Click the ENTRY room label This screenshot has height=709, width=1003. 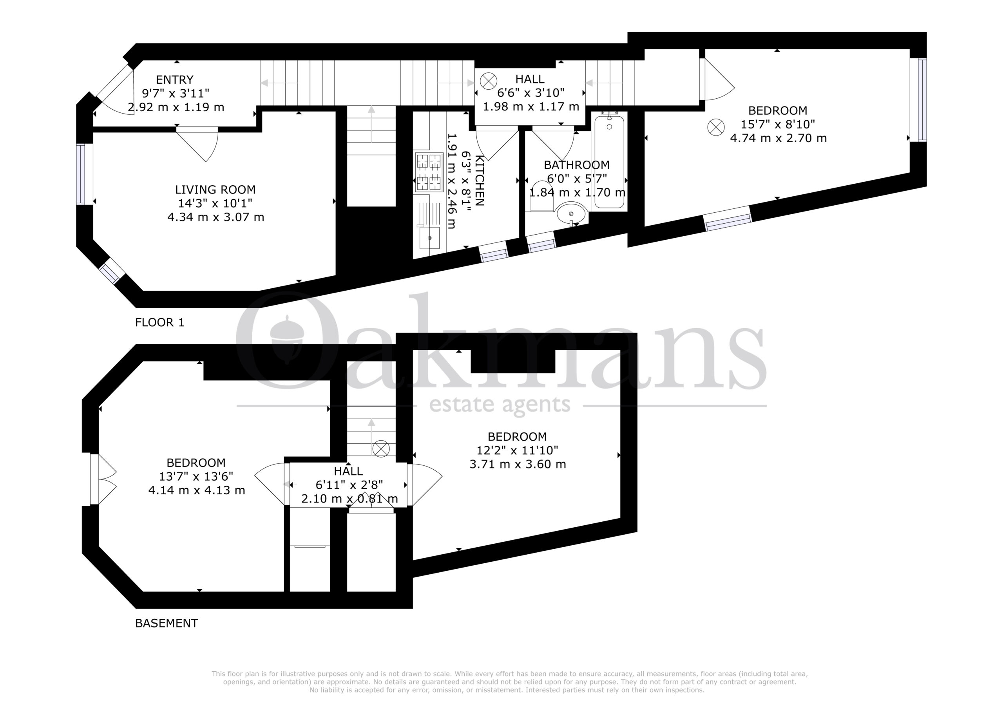(x=174, y=80)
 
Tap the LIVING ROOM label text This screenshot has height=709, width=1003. (x=215, y=190)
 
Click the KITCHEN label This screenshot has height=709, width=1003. (x=479, y=180)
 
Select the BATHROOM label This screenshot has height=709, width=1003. (x=576, y=165)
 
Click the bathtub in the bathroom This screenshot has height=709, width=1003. (x=609, y=161)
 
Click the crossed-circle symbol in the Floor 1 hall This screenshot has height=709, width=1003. (x=489, y=81)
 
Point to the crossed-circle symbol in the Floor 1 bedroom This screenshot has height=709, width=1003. (x=716, y=127)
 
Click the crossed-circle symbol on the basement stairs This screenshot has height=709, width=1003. (x=381, y=449)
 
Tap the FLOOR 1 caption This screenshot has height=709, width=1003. (x=159, y=322)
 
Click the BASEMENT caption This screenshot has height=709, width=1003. (x=167, y=623)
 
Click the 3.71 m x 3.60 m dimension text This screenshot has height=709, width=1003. (x=518, y=464)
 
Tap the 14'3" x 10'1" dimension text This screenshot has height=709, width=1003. (x=215, y=203)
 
